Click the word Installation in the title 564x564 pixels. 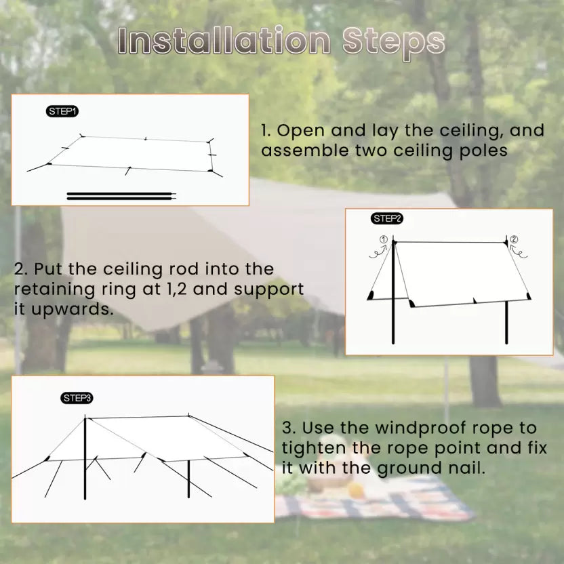coord(224,41)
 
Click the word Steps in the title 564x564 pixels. coord(393,44)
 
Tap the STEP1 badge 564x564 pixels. coord(62,111)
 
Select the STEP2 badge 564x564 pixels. coord(386,218)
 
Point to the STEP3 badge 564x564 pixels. coord(77,398)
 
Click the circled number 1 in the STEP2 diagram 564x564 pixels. coord(384,239)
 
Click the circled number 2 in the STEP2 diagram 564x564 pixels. coord(515,239)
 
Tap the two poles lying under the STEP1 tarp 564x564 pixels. coord(121,196)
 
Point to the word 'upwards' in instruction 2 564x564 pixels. coord(72,309)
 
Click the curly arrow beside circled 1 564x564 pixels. coord(378,251)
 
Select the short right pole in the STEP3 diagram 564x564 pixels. coord(188,479)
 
